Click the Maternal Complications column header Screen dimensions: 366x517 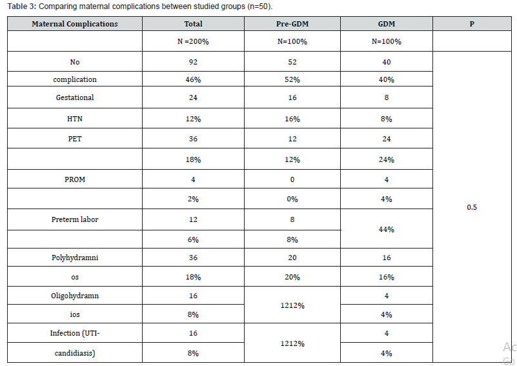coord(75,24)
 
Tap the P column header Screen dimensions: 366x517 coord(472,24)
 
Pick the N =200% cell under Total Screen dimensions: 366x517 coord(193,42)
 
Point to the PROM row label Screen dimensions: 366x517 coord(75,179)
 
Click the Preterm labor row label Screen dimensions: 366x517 coord(75,219)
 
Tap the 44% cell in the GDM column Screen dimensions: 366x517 coord(387,229)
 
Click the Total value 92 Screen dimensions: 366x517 coord(193,63)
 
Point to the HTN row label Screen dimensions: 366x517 coord(75,119)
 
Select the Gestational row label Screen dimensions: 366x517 coord(75,98)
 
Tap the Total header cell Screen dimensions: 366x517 coord(193,24)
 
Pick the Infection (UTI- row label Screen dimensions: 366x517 coord(75,333)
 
